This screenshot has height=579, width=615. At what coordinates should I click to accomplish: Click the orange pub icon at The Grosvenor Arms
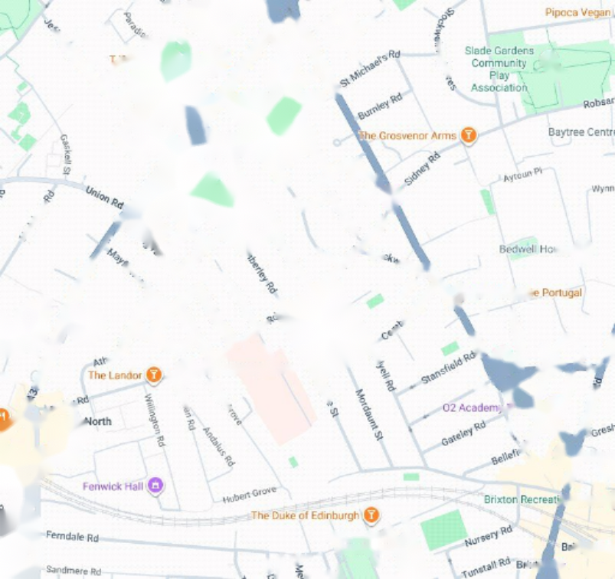tap(469, 136)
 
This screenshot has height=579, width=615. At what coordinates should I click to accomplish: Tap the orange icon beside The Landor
tap(155, 375)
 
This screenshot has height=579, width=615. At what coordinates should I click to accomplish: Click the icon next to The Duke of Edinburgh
tap(371, 515)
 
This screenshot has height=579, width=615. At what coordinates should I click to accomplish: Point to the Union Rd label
tap(104, 198)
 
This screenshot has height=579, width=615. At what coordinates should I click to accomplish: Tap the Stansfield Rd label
tap(448, 368)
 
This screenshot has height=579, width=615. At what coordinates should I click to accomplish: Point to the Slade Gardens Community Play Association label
tap(499, 69)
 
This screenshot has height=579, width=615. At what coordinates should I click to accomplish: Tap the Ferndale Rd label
tap(73, 537)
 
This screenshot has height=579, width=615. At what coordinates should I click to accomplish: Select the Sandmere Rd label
tap(74, 571)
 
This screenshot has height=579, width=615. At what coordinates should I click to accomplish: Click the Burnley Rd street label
tap(380, 106)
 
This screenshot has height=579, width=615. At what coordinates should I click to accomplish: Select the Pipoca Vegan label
tap(578, 12)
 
